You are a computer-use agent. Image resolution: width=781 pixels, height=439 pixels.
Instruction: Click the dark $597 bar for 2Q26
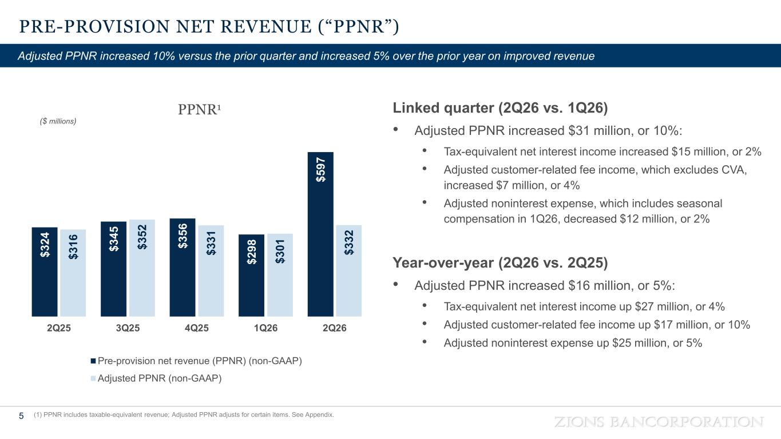[320, 234]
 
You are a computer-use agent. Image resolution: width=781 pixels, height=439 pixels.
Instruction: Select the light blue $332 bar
[348, 271]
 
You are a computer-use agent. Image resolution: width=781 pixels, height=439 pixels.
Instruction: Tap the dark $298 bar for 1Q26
[251, 276]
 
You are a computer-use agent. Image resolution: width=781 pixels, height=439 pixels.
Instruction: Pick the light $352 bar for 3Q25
[142, 268]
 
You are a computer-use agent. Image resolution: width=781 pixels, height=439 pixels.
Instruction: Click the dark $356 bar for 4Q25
[183, 268]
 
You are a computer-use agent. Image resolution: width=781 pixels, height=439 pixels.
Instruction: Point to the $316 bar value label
[73, 247]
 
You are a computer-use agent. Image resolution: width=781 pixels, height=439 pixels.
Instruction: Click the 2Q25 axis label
[59, 328]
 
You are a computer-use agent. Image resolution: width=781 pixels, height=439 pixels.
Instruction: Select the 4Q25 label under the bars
[197, 328]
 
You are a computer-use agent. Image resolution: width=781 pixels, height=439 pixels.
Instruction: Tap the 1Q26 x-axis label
[265, 328]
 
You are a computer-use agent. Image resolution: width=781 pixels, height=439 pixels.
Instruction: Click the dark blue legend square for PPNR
[93, 361]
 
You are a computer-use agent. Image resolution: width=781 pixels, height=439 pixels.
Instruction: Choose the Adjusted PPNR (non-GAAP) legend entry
[156, 378]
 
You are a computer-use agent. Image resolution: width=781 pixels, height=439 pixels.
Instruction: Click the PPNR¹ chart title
[200, 109]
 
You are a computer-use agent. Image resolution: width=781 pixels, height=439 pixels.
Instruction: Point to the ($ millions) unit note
[58, 121]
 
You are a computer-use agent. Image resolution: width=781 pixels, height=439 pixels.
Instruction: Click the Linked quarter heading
[500, 108]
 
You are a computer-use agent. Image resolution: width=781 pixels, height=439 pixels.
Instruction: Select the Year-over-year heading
[500, 263]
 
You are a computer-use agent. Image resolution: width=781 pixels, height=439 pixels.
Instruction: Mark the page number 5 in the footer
[21, 416]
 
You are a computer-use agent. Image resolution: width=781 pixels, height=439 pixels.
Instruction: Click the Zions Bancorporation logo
[659, 422]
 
